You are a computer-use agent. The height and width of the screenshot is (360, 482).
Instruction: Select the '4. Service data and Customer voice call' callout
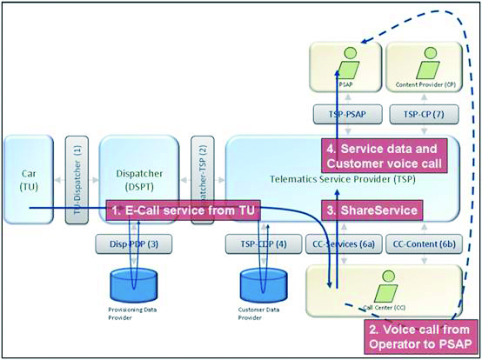pos(384,155)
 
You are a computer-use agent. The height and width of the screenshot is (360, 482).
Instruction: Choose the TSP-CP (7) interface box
pos(421,116)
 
